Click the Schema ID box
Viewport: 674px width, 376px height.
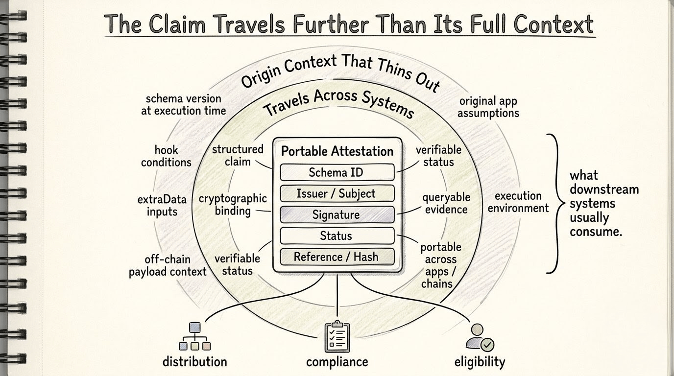337,172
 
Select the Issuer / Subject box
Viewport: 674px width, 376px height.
337,193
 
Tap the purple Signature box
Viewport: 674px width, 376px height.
337,214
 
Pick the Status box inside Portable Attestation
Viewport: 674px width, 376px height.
337,235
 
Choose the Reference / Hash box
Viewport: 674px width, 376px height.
337,257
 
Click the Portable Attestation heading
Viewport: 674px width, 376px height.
337,151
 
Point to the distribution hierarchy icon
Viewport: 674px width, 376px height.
195,336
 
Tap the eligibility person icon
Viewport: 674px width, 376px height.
480,337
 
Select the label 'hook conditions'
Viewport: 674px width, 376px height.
166,156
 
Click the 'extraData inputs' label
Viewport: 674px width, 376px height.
162,206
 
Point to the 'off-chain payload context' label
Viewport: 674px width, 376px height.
168,265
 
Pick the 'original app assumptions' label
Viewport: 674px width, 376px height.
488,107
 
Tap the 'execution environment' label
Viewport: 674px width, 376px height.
518,202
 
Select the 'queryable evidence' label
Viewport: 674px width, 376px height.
446,203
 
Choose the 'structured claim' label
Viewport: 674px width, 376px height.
238,155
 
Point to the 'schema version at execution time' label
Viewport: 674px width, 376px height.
183,105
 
